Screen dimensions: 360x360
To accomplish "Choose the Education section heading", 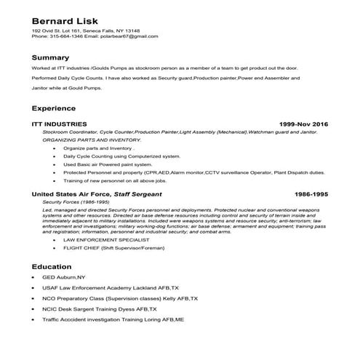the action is [x=52, y=266].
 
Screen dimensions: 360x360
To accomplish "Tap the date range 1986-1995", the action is [x=311, y=195].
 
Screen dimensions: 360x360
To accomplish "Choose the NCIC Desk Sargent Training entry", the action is [x=110, y=309].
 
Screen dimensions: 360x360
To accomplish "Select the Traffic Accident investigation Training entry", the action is [x=123, y=319].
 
